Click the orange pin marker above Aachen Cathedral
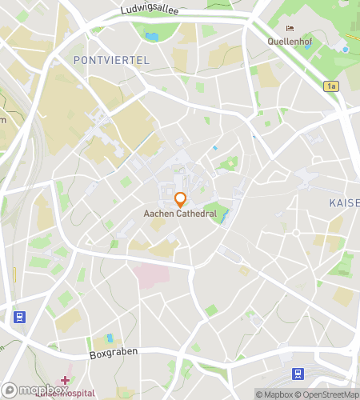tap(180, 199)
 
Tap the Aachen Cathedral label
tap(180, 214)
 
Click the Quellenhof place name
tap(290, 42)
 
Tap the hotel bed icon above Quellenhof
tap(290, 30)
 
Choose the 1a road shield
tap(331, 86)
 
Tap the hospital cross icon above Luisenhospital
tap(65, 380)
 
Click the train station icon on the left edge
tap(17, 316)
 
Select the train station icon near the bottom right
tap(297, 373)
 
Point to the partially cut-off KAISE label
tap(344, 203)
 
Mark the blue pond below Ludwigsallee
tap(151, 37)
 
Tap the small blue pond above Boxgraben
tap(110, 338)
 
